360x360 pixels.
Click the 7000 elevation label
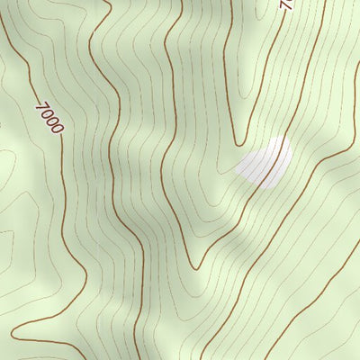(49, 117)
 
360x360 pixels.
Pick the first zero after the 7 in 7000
(46, 113)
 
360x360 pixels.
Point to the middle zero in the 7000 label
(51, 121)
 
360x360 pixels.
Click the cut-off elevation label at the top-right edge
(287, 4)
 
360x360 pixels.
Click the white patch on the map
(265, 163)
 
